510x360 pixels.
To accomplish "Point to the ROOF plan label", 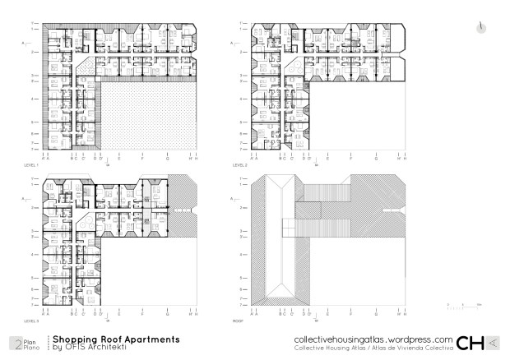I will [238, 321].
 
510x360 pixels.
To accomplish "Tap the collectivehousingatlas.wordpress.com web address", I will [373, 339].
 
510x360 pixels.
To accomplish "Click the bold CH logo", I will [471, 343].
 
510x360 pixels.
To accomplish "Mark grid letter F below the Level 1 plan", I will [143, 156].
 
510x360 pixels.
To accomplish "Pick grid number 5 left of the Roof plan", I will [240, 278].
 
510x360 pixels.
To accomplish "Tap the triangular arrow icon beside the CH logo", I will [492, 343].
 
